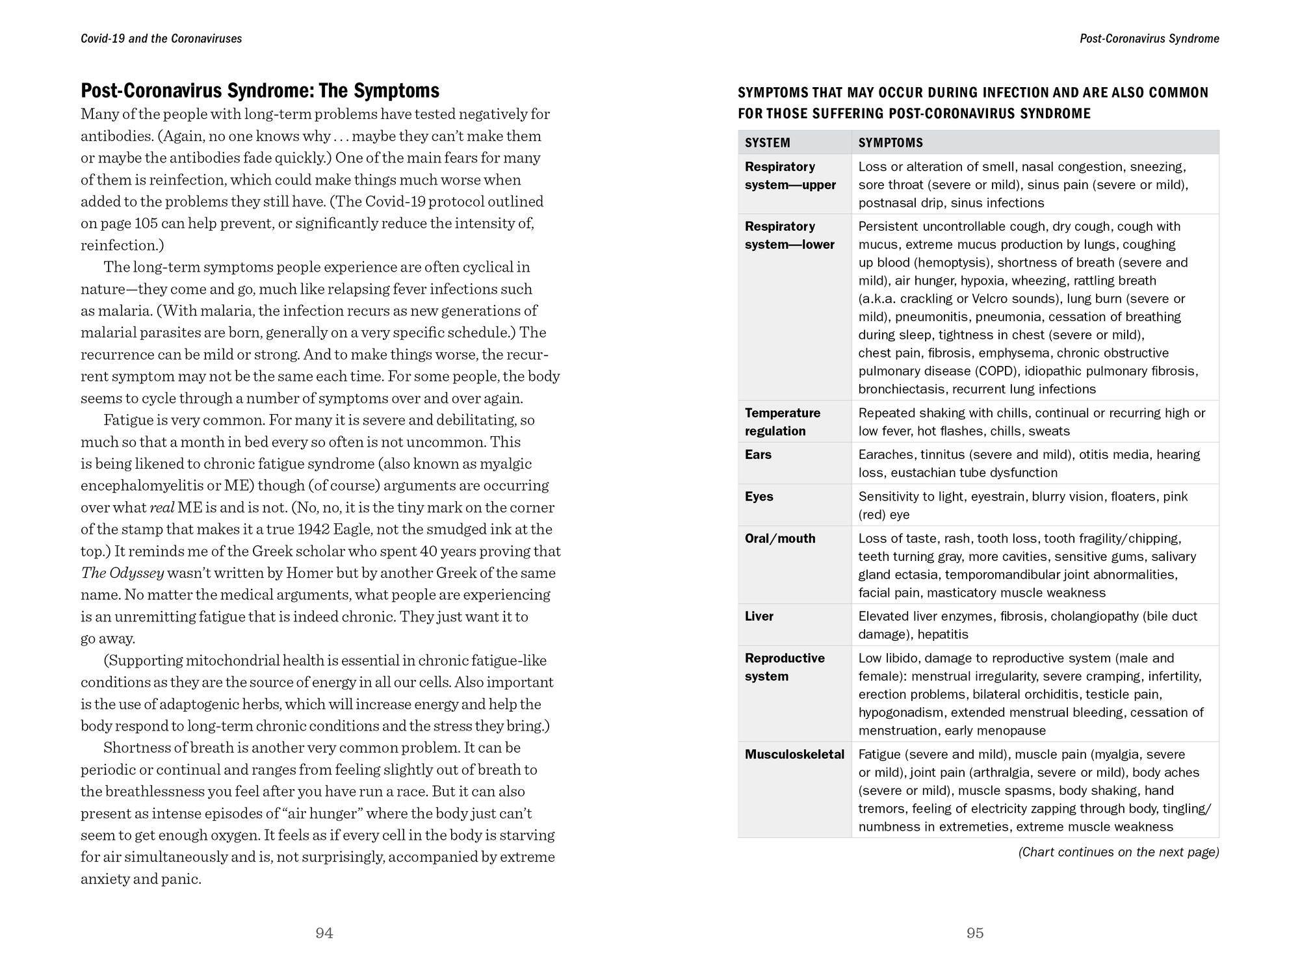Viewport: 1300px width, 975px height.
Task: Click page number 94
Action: [324, 933]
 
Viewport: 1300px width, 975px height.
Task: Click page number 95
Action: [975, 933]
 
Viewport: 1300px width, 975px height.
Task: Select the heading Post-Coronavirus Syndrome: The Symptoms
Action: [260, 90]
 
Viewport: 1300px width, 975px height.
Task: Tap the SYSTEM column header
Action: [768, 143]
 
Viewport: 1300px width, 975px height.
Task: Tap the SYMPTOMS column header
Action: [890, 143]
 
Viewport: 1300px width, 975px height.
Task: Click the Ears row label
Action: [758, 455]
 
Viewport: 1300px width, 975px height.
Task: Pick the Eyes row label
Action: [759, 497]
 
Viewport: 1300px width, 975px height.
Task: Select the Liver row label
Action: [759, 616]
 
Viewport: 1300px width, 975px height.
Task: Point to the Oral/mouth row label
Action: [780, 539]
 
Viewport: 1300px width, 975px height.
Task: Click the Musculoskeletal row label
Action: [794, 755]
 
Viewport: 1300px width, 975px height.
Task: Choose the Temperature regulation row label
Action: [783, 422]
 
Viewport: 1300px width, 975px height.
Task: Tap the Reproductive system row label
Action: [785, 667]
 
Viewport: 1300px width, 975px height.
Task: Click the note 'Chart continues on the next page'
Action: [1118, 852]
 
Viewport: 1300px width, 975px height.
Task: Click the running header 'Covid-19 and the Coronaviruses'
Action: [161, 39]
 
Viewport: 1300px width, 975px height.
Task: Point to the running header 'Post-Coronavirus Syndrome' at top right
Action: [1149, 39]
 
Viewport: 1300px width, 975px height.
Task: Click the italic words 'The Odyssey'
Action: [122, 573]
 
